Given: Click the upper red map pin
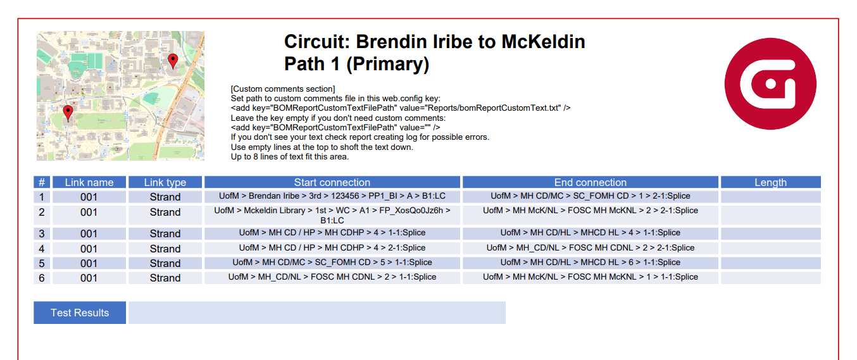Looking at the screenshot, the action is pos(173,61).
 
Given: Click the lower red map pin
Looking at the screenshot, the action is pos(68,113).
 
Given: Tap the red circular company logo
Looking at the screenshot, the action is pos(770,84).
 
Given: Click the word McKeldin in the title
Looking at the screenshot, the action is pos(543,42).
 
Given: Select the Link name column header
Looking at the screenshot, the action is pos(89,182).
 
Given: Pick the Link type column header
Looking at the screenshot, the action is pos(165,182).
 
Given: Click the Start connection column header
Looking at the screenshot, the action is pos(332,182).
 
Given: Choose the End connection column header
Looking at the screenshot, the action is pos(591,182).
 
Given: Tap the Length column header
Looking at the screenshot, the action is pos(770,182).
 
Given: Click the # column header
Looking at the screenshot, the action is pos(42,182).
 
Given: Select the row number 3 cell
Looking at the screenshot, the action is pos(42,233).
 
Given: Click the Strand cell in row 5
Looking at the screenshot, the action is pos(165,263).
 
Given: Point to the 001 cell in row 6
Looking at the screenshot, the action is pos(89,278).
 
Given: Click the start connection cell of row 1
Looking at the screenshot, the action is pos(332,196).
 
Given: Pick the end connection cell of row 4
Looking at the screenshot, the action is pos(591,248).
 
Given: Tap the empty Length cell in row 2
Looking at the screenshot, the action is pos(770,215).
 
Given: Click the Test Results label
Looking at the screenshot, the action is pos(80,313).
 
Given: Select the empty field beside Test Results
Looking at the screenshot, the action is pos(316,313).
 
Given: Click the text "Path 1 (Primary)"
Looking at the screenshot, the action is pos(356,64).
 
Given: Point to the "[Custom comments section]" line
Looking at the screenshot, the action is pos(283,89).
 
